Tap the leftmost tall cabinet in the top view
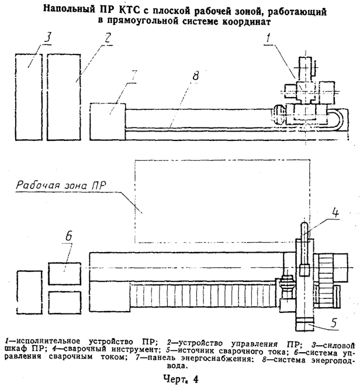(29, 96)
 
